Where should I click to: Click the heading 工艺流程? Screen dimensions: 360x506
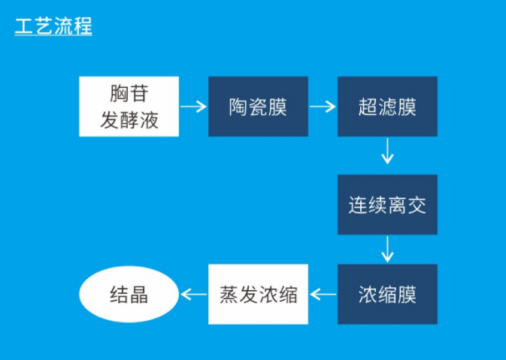(53, 27)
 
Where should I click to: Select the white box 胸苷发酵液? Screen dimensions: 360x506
(129, 106)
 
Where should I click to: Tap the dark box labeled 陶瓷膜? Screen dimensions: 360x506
(258, 106)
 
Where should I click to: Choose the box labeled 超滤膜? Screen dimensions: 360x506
(387, 106)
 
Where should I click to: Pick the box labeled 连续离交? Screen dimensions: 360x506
(387, 204)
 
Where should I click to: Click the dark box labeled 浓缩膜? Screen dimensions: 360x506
(387, 294)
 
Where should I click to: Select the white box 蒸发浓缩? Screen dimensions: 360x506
(258, 294)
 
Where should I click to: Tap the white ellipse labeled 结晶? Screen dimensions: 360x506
(129, 294)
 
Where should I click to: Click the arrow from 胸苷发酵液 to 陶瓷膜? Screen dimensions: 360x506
(193, 107)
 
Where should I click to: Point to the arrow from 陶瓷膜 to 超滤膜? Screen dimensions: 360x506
(323, 107)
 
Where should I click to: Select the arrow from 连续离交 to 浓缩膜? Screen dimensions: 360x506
(387, 249)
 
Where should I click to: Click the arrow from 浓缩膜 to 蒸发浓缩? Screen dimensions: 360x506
(323, 294)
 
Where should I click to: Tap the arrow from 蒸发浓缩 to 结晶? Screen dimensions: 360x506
(193, 294)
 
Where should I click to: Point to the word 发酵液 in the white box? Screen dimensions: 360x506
(129, 119)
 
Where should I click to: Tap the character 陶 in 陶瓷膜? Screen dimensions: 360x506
(238, 107)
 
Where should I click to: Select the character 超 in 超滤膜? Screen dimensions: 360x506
(368, 107)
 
